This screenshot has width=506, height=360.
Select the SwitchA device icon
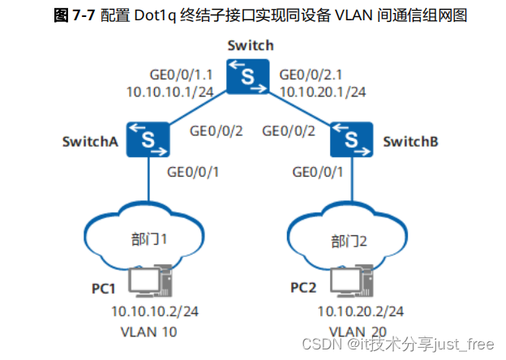pyautogui.click(x=147, y=139)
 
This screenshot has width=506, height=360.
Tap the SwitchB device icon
pyautogui.click(x=352, y=139)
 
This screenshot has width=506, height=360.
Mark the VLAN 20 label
pyautogui.click(x=359, y=331)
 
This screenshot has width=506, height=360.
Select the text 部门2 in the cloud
pyautogui.click(x=350, y=240)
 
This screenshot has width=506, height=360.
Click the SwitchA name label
pyautogui.click(x=91, y=141)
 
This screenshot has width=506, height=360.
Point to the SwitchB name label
pyautogui.click(x=410, y=141)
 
